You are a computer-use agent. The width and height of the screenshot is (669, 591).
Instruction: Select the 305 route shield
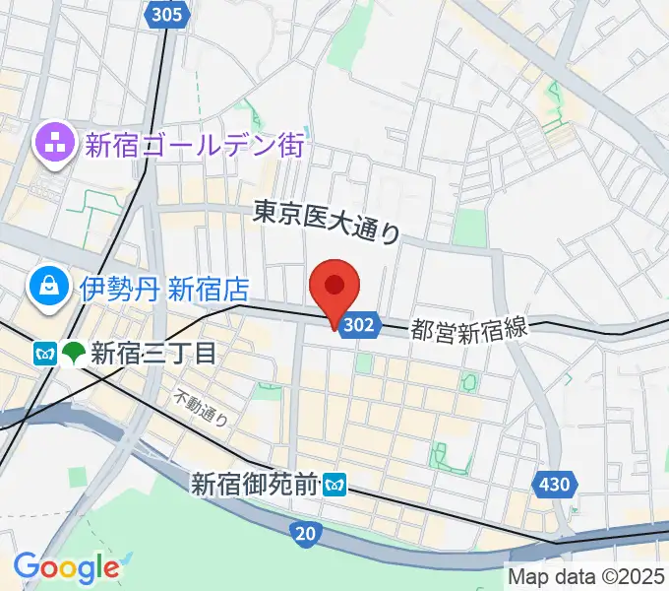pos(169,13)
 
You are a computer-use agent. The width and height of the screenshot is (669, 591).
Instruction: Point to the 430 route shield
pos(554,484)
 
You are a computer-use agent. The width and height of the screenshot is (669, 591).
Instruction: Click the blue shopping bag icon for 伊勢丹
pos(48,288)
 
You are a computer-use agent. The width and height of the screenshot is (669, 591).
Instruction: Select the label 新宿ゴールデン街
pos(195,147)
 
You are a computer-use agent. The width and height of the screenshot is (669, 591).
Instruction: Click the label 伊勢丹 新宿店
pos(164,289)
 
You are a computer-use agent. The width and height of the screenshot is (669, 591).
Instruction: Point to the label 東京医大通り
pos(327,222)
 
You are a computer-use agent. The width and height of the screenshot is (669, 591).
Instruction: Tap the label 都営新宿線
pos(469,330)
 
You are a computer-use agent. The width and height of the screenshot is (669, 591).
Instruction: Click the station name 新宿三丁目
pos(152,353)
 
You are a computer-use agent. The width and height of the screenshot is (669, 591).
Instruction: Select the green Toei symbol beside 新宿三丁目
pos(73,353)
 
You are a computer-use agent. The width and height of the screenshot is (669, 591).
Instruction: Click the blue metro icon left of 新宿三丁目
pos(44,353)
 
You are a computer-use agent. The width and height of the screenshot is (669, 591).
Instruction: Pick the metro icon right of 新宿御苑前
pos(337,484)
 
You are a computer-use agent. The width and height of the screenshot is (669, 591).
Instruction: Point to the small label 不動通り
pos(202,406)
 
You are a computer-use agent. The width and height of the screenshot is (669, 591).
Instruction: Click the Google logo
pos(66,566)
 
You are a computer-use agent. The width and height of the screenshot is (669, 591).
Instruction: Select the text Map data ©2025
pos(586,576)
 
